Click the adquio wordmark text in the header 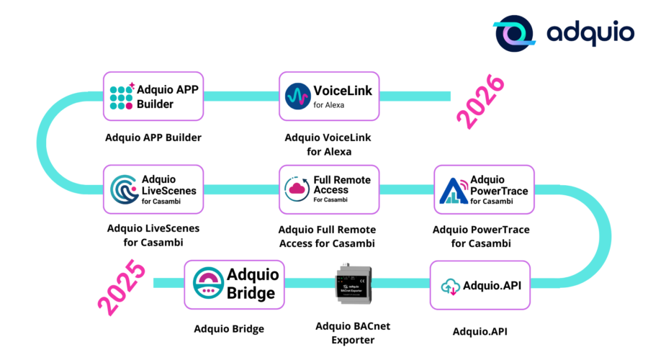coord(590,34)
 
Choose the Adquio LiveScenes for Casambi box coord(153,189)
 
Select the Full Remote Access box coord(329,189)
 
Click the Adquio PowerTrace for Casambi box coord(484,189)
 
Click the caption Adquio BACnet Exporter coord(353,332)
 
